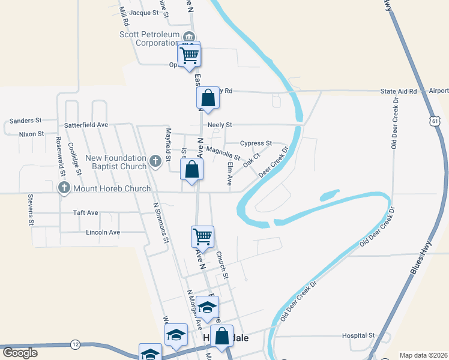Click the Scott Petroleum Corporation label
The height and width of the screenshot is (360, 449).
point(149,38)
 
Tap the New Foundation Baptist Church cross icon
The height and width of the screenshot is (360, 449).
point(155,160)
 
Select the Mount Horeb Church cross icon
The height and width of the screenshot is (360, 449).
point(64,188)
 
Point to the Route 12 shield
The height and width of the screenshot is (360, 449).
point(74,344)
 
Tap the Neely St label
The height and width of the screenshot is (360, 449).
point(220,125)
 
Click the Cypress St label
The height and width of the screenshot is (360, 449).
point(256,143)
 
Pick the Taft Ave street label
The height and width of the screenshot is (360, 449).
point(85,212)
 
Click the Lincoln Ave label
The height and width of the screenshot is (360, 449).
point(103,232)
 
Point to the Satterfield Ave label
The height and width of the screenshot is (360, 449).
point(86,125)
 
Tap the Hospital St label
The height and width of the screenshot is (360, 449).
point(358,335)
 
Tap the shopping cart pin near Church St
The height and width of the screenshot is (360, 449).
point(202,236)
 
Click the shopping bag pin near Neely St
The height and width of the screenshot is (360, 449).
point(208,98)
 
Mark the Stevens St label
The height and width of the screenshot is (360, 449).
point(29,209)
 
